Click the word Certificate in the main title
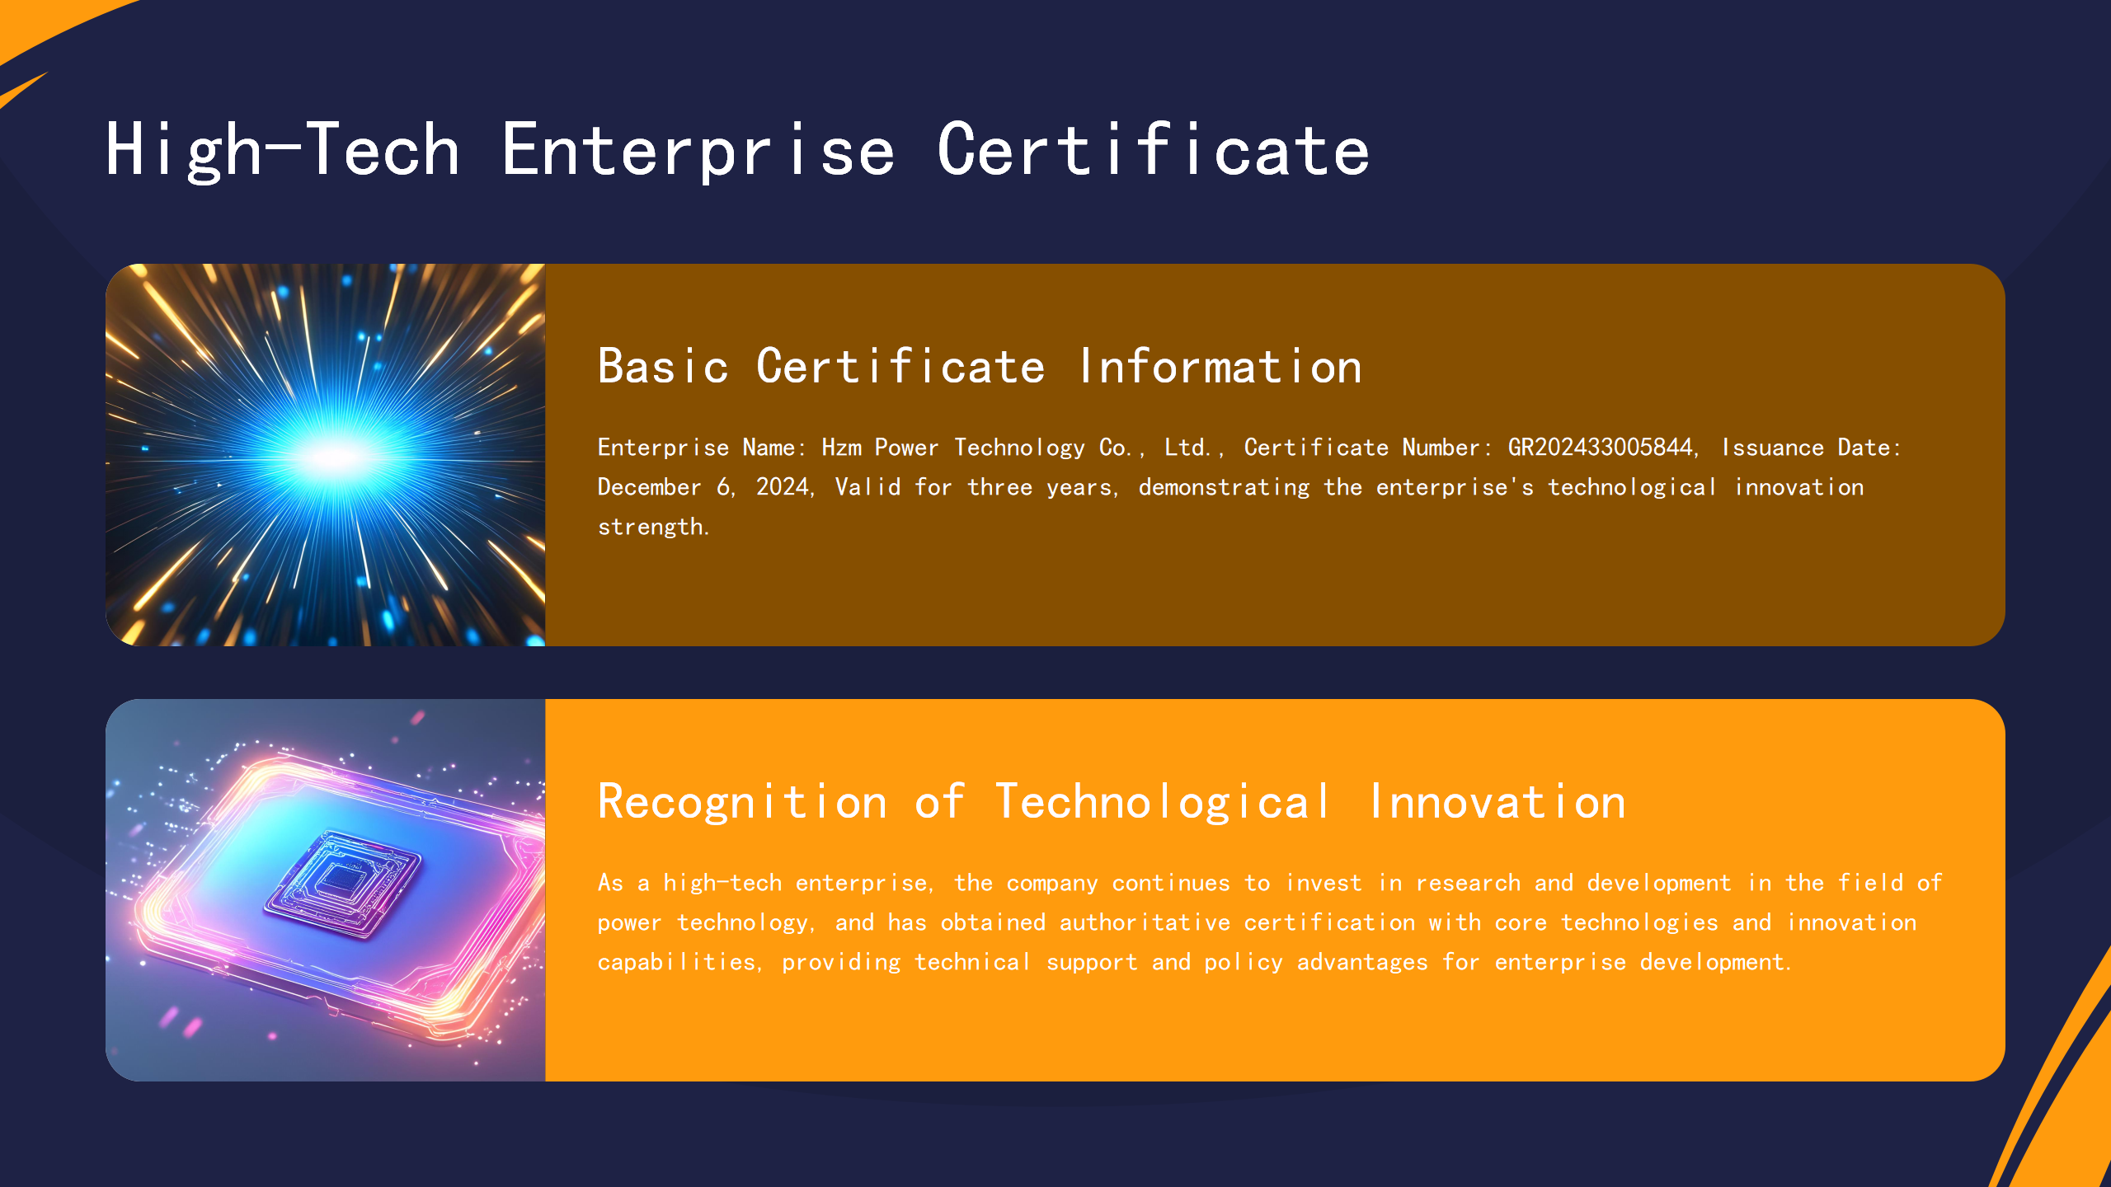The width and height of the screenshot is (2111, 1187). [1153, 150]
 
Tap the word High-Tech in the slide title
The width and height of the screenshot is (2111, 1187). [282, 150]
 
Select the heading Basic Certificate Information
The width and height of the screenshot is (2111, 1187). [979, 367]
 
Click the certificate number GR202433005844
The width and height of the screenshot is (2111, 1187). [1600, 448]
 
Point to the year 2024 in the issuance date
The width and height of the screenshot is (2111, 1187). [783, 487]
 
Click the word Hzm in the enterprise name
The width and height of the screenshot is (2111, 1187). [841, 448]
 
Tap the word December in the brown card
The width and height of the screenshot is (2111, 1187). [649, 487]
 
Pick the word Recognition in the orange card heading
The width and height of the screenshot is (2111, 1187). [742, 802]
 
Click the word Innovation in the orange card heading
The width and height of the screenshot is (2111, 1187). [1497, 802]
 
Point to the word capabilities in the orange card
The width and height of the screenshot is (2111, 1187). [676, 962]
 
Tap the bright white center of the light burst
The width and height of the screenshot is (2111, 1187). [334, 456]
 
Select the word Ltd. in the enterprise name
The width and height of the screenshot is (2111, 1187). [1187, 448]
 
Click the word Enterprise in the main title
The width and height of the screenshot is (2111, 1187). [698, 150]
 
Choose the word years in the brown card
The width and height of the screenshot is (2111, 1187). [1079, 487]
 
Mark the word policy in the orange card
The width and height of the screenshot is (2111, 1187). [1244, 962]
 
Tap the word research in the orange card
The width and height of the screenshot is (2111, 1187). [1468, 883]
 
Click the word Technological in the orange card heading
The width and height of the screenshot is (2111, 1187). [1163, 802]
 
